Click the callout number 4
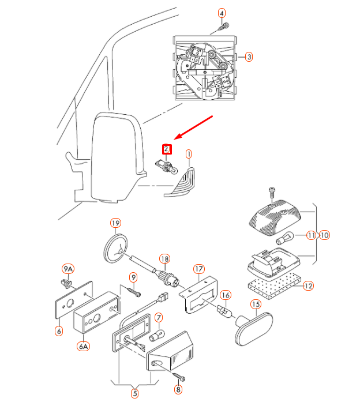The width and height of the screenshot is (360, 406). pos(222,13)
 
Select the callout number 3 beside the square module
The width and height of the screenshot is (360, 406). pos(249,57)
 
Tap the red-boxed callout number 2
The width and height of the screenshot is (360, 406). pos(167,149)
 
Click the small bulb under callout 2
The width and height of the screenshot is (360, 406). pos(167,167)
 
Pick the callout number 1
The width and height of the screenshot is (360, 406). pos(189,154)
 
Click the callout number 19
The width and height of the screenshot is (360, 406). pos(115,223)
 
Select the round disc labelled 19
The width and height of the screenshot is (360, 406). pos(115,249)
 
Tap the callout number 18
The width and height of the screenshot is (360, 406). pos(165,259)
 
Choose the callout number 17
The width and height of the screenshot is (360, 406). pos(199,269)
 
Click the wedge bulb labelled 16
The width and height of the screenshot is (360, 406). pos(225,311)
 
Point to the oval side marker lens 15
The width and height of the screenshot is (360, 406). pos(253,329)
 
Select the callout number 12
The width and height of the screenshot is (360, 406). pos(308,286)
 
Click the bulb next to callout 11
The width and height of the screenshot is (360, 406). pos(284,238)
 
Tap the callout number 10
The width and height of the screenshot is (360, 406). pos(324,235)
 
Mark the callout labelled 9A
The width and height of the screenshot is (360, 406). pos(68,269)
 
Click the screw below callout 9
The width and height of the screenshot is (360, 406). pos(134,292)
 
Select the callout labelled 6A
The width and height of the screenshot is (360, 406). pos(84,346)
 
